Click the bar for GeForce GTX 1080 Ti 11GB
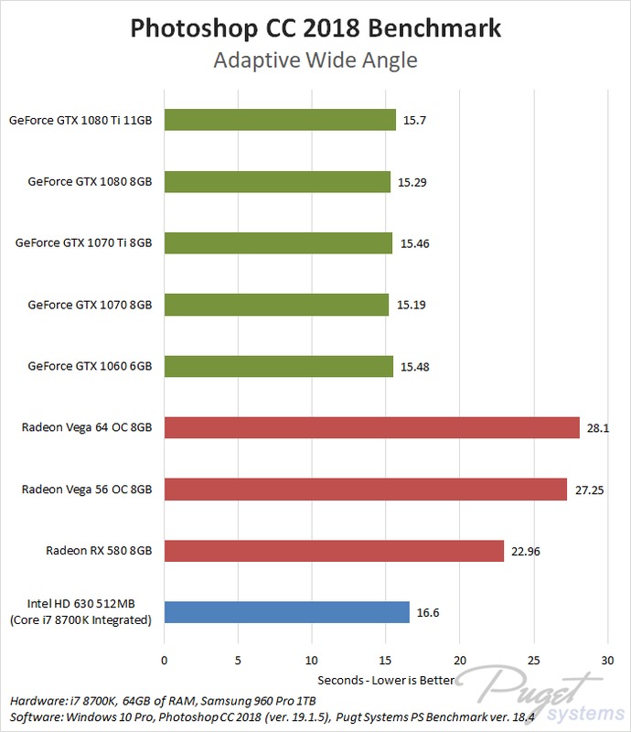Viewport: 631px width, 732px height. tap(279, 120)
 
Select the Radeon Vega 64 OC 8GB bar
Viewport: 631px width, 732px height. tap(371, 427)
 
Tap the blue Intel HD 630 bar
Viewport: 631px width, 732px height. tap(286, 612)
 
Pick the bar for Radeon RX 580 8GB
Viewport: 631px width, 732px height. tap(334, 551)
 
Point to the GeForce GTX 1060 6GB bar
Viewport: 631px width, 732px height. tap(278, 366)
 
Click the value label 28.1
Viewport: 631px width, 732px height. tap(597, 428)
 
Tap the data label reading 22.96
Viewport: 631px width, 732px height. tap(525, 552)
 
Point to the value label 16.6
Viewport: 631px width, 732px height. tap(427, 613)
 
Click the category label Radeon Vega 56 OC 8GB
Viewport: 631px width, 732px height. tap(87, 490)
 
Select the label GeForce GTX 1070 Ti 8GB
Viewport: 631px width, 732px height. tap(83, 243)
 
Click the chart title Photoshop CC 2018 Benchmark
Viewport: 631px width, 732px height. tap(315, 27)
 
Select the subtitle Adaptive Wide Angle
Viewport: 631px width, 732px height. tap(315, 60)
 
